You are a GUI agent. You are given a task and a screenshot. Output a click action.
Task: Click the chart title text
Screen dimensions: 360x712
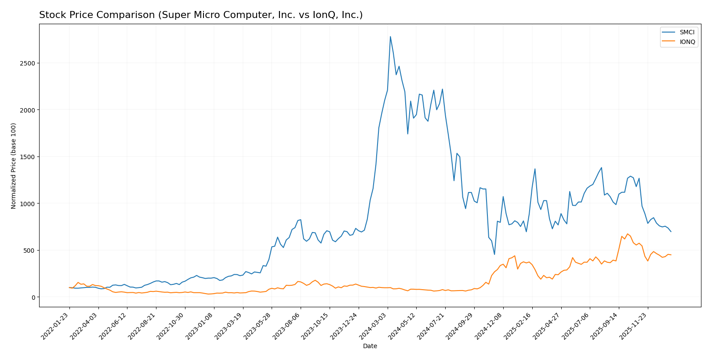201,15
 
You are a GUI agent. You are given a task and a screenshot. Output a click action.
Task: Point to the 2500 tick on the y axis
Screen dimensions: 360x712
28,63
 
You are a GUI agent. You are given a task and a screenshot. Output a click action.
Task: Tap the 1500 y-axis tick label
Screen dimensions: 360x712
28,157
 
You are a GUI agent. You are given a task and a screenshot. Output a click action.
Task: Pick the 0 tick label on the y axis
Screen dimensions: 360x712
33,298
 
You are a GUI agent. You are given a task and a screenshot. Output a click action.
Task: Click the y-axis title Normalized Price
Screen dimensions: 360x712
14,166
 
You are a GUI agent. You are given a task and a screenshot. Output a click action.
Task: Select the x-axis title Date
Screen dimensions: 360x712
370,346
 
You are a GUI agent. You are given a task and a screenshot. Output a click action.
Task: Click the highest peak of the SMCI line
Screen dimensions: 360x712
390,36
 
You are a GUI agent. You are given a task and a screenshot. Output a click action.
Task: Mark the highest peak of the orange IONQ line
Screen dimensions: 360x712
627,234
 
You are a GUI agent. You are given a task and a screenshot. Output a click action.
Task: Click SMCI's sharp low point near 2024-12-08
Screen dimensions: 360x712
494,255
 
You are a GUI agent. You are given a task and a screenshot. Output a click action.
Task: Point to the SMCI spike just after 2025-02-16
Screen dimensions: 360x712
535,169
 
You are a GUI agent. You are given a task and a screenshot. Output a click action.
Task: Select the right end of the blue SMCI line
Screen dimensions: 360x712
671,232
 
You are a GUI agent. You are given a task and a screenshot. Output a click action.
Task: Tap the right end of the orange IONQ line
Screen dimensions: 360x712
671,255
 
